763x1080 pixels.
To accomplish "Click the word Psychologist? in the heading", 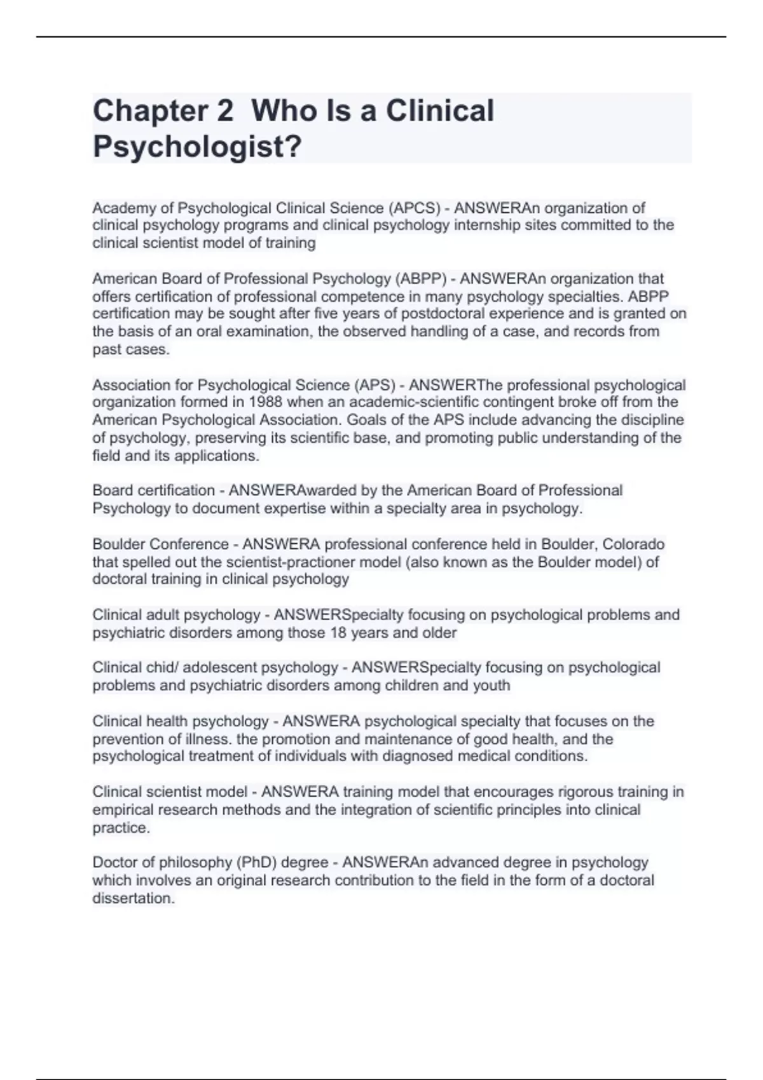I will click(197, 147).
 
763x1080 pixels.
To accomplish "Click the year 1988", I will click(266, 402).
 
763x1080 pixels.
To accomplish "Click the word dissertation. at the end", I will click(134, 898).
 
